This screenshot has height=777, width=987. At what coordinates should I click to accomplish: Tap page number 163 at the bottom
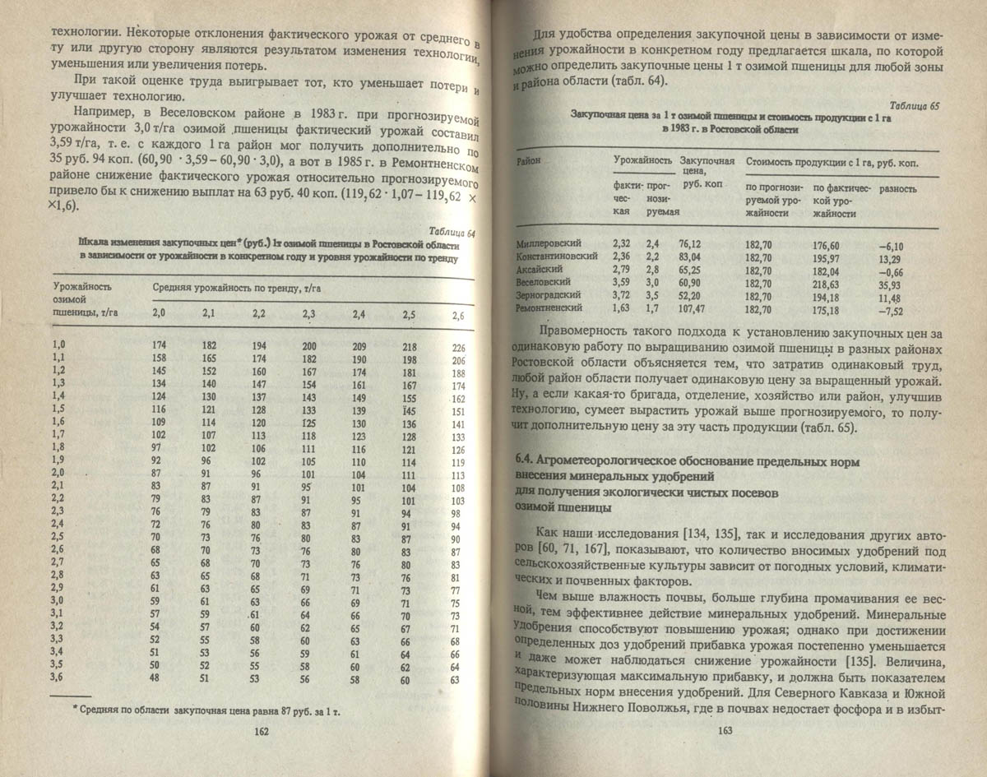725,730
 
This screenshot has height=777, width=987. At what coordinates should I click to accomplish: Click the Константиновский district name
556,257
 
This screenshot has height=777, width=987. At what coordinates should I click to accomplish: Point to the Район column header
529,162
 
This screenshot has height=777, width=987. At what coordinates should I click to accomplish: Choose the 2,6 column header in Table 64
459,316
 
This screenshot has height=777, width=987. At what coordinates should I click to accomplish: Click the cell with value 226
459,348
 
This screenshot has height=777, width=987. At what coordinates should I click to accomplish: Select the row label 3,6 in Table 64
58,677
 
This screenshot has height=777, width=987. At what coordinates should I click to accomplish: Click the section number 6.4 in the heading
525,462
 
